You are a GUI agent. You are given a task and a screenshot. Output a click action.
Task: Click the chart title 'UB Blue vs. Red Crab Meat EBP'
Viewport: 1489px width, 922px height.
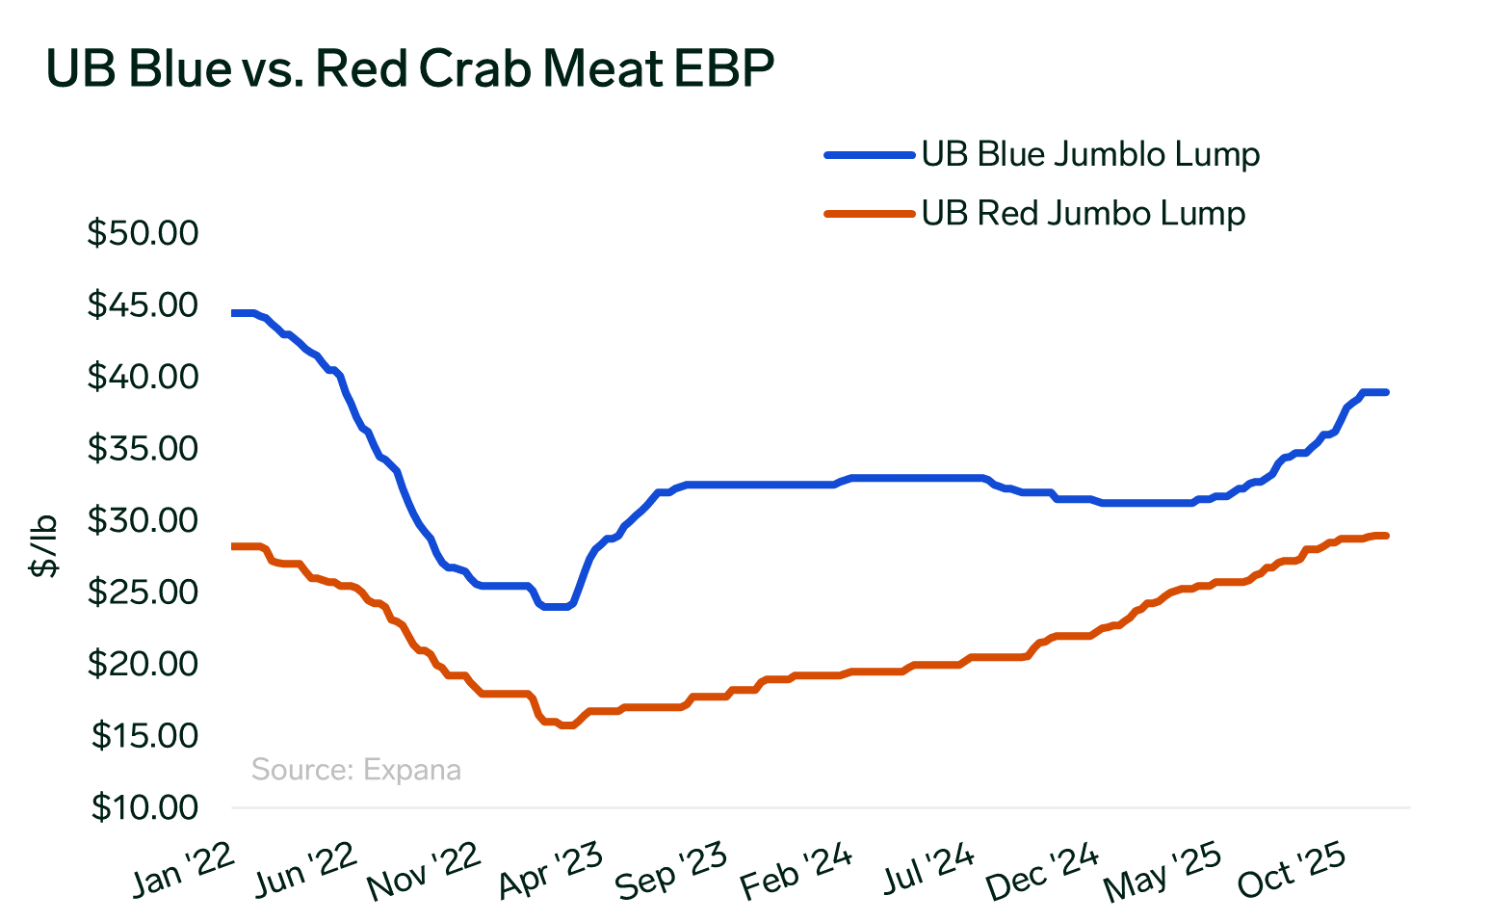409,69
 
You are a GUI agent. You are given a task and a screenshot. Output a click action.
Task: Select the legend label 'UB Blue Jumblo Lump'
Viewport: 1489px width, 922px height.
1090,154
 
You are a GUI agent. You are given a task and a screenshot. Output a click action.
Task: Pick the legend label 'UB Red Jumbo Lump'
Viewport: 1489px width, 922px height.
1083,213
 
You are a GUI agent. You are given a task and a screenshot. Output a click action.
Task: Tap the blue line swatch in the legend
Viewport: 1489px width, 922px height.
868,154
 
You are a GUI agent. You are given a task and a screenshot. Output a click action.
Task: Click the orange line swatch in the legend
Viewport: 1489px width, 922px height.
868,214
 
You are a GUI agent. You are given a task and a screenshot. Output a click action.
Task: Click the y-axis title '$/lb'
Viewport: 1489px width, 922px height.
44,545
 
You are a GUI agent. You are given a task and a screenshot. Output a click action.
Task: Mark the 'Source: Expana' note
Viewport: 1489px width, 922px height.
355,770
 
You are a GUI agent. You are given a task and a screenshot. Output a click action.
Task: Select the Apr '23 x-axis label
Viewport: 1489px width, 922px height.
550,870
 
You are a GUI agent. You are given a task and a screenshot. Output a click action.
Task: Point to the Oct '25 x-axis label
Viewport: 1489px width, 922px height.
1291,870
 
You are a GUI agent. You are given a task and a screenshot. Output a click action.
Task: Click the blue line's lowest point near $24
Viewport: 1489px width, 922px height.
557,607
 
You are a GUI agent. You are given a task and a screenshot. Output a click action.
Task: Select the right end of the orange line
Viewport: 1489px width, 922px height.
1385,536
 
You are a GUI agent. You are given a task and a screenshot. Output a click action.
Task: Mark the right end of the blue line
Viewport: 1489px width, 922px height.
1385,392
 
